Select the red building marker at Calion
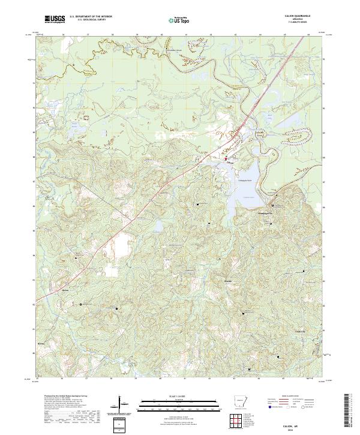coord(226,159)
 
